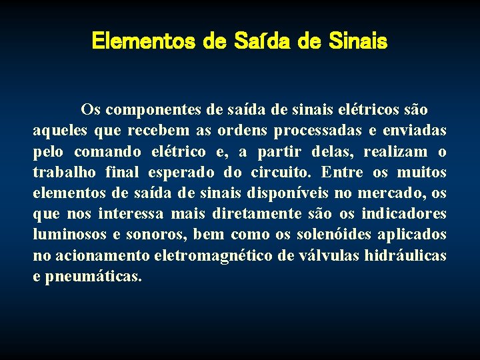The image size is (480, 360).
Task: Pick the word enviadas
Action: coord(417,130)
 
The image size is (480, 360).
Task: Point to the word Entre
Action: coord(342,173)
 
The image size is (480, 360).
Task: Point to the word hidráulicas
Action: coord(406,256)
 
